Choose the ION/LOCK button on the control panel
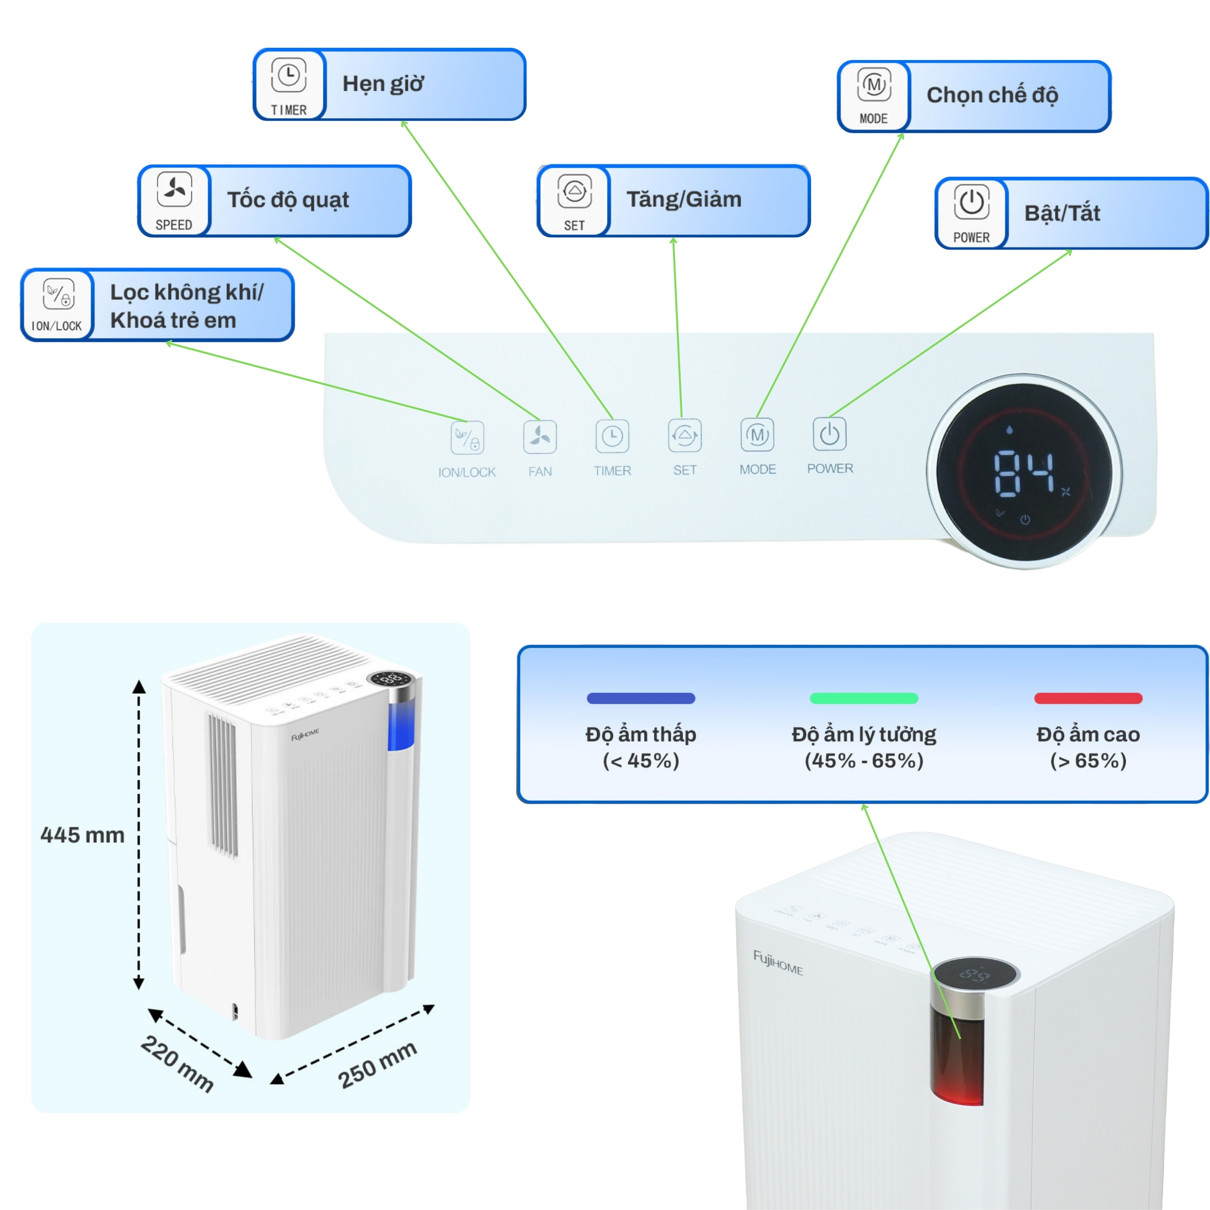467,437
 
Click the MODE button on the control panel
757,435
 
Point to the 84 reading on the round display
1024,473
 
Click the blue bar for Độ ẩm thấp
641,698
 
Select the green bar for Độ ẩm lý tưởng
864,698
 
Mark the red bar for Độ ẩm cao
1088,698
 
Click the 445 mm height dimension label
82,835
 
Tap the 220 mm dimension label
177,1063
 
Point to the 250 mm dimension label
377,1065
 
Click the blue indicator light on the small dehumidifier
401,726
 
